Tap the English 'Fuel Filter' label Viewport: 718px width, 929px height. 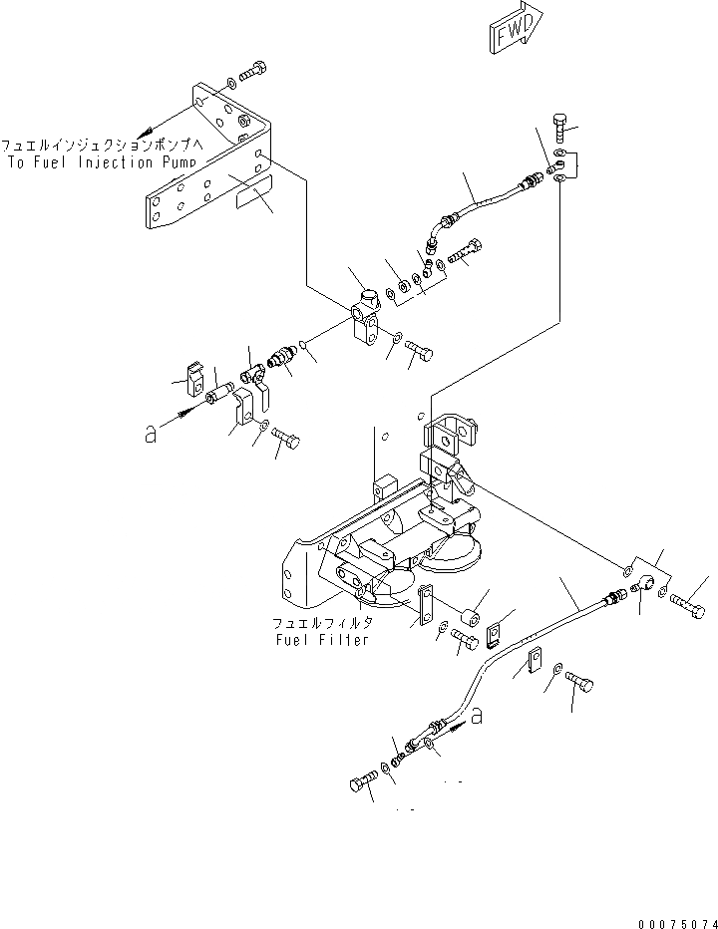pos(322,639)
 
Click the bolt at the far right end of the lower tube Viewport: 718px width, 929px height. pos(688,602)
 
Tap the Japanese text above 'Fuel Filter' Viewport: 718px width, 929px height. pos(322,623)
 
